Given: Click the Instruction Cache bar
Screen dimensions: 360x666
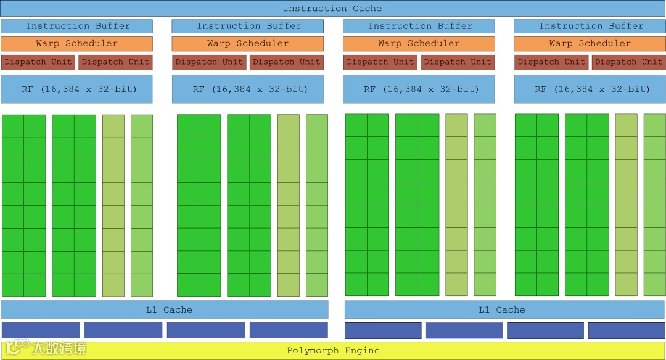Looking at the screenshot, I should tap(332, 9).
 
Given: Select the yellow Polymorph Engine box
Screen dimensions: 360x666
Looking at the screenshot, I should tap(332, 351).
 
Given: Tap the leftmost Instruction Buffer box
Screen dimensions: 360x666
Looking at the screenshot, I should tap(77, 26).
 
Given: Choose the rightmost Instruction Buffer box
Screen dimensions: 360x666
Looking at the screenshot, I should tap(590, 26).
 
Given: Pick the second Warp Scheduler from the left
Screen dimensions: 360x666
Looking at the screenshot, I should tap(247, 44).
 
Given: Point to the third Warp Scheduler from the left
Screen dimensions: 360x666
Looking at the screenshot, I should tap(419, 44).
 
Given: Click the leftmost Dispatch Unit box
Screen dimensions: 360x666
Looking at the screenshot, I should tap(38, 62).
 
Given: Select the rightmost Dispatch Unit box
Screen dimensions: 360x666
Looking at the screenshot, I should tap(628, 62).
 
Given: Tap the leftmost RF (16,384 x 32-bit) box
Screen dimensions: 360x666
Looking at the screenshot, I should tap(77, 89).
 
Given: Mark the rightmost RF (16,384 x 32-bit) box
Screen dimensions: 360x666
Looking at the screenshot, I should tap(590, 89).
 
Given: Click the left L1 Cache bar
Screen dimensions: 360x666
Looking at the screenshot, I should tap(165, 309).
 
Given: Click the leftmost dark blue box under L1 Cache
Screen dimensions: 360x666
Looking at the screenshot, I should tap(41, 330).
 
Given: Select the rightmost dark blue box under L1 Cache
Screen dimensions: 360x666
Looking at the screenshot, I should tap(627, 331).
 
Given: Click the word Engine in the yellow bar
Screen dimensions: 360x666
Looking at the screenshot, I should tap(362, 351).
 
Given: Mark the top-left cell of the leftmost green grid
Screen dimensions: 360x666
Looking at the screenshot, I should tap(13, 126).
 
